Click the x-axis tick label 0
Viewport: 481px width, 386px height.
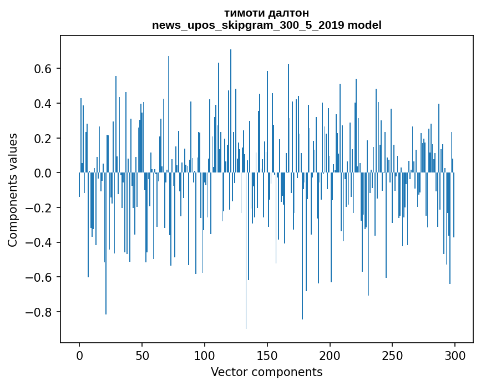click(79, 355)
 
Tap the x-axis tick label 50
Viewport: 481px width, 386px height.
click(142, 355)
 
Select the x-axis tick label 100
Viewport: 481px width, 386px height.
click(205, 355)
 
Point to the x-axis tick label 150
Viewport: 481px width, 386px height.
click(267, 355)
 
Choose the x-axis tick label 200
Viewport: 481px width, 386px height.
click(330, 355)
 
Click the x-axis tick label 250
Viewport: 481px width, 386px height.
click(393, 355)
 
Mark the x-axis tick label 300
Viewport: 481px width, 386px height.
click(455, 355)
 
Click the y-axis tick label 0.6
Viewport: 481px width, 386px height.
click(44, 69)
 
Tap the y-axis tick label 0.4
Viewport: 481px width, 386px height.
click(44, 104)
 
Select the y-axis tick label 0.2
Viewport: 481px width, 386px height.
click(44, 138)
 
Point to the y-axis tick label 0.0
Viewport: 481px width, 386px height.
click(44, 173)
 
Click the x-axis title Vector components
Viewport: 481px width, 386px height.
click(266, 372)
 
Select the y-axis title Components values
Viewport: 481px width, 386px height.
click(13, 190)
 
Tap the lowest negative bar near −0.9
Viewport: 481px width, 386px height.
click(246, 327)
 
